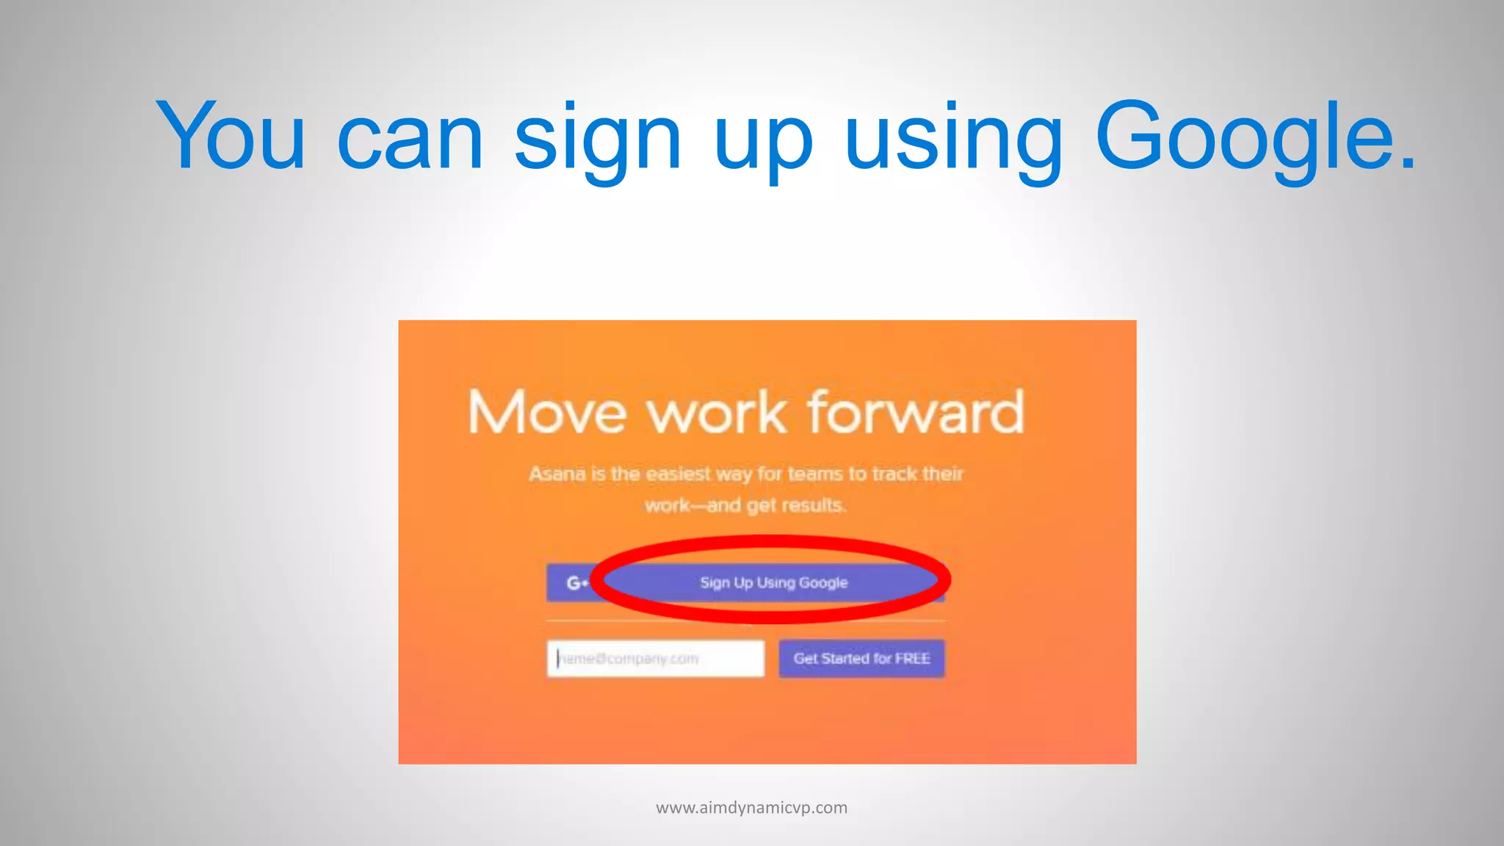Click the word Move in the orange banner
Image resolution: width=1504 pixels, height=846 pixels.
547,413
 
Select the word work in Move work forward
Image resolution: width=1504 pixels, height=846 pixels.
717,414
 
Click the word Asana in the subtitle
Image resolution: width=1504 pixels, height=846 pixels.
557,474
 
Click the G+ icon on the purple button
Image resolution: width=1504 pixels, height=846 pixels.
576,583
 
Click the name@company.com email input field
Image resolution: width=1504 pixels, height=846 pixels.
655,659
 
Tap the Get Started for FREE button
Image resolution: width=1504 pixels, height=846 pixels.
861,659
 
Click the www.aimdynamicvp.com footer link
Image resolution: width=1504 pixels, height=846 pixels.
751,808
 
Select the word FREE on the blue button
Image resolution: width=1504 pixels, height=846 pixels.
912,659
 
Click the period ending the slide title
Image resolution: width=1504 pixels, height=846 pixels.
1406,164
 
